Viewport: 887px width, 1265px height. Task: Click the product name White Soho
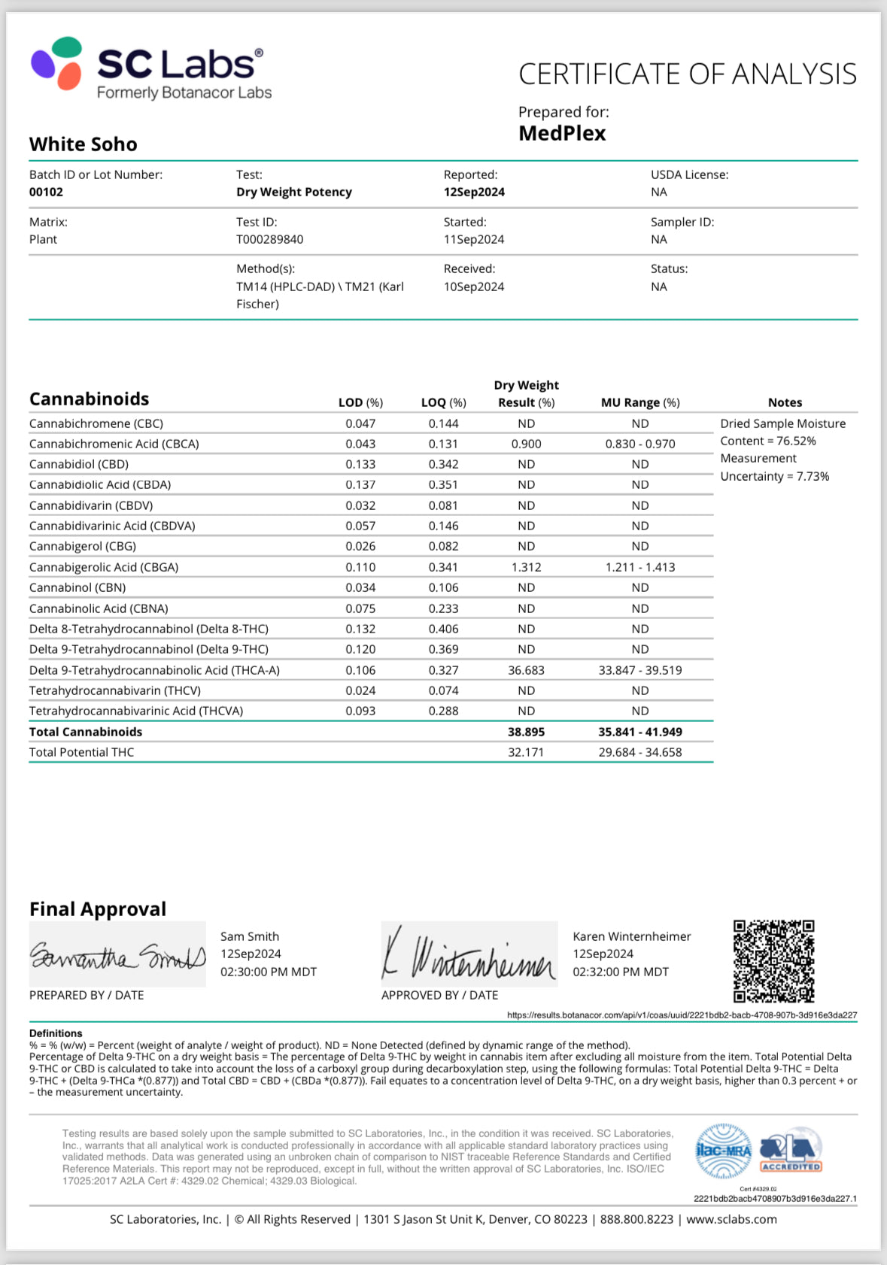pos(84,144)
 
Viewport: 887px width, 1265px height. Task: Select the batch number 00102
pos(46,192)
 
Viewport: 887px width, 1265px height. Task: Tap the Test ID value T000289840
pos(270,239)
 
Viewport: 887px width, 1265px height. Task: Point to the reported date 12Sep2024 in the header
pos(474,192)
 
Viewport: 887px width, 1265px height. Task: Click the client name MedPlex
pos(562,133)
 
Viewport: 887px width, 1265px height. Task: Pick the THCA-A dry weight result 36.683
pos(526,670)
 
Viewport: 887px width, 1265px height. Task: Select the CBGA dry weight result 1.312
pos(526,567)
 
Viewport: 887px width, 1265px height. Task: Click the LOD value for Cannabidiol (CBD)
pos(360,464)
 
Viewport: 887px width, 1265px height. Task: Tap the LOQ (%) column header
pos(443,402)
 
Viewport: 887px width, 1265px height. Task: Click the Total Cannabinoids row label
pos(86,732)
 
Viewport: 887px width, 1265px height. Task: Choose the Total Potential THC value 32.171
pos(526,752)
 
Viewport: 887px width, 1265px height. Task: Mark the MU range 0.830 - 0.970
pos(640,444)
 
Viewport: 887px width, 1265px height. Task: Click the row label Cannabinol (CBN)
pos(77,587)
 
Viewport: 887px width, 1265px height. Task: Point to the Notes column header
pos(785,402)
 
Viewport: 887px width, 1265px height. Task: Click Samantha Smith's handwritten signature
pos(117,955)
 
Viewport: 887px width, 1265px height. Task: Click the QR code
pos(774,960)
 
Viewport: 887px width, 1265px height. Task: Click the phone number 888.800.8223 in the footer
pos(636,1219)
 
